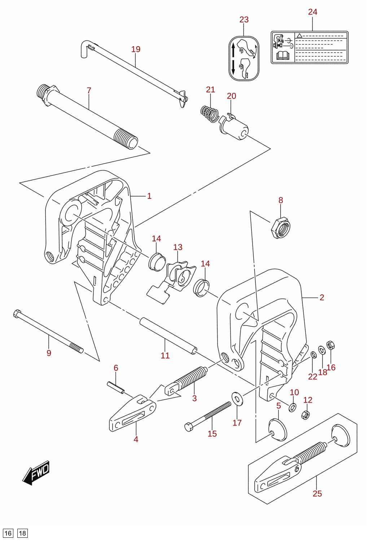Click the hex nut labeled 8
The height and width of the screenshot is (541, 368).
coord(280,228)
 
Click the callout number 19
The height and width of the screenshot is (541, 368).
coord(136,49)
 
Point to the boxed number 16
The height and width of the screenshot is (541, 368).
coord(8,533)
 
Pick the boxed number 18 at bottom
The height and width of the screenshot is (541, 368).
coord(22,533)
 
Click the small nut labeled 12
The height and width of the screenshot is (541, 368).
coord(306,415)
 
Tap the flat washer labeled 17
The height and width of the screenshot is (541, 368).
coord(237,399)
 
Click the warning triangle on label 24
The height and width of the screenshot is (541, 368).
coord(299,35)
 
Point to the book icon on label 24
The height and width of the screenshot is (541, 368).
coord(282,56)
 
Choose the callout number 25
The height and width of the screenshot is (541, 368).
coord(317,494)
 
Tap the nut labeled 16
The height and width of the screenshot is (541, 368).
coord(330,345)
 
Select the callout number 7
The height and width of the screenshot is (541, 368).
coord(89,91)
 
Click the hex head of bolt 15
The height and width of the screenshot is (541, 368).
coord(189,427)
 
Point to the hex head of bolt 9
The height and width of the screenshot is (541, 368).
coord(17,314)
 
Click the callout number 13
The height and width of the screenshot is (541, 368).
coord(178,247)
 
